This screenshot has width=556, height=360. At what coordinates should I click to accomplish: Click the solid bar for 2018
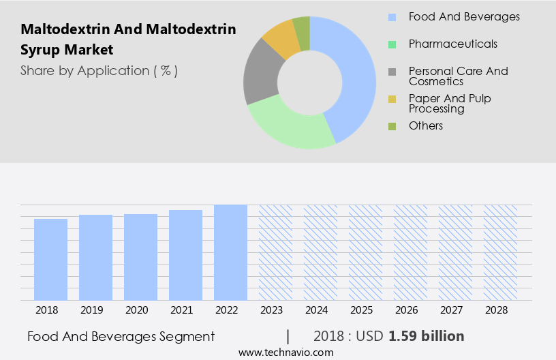click(50, 259)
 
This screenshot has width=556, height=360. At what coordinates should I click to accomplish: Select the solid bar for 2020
click(140, 257)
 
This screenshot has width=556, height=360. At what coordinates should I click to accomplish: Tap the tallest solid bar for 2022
click(230, 252)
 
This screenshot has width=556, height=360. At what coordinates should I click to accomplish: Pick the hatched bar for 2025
click(365, 252)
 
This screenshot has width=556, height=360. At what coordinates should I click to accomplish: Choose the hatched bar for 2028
click(500, 252)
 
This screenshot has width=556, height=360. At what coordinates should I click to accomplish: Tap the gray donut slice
click(261, 75)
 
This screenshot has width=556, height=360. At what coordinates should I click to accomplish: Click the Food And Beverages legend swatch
click(392, 17)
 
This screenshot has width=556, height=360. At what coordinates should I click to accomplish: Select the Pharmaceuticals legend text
click(452, 44)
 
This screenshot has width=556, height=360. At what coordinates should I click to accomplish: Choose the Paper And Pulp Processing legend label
click(449, 103)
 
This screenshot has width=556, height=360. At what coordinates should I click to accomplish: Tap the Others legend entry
click(425, 125)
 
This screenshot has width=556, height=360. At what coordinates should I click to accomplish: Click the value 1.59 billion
click(427, 336)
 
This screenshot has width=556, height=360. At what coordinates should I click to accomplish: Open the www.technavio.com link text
click(285, 352)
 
